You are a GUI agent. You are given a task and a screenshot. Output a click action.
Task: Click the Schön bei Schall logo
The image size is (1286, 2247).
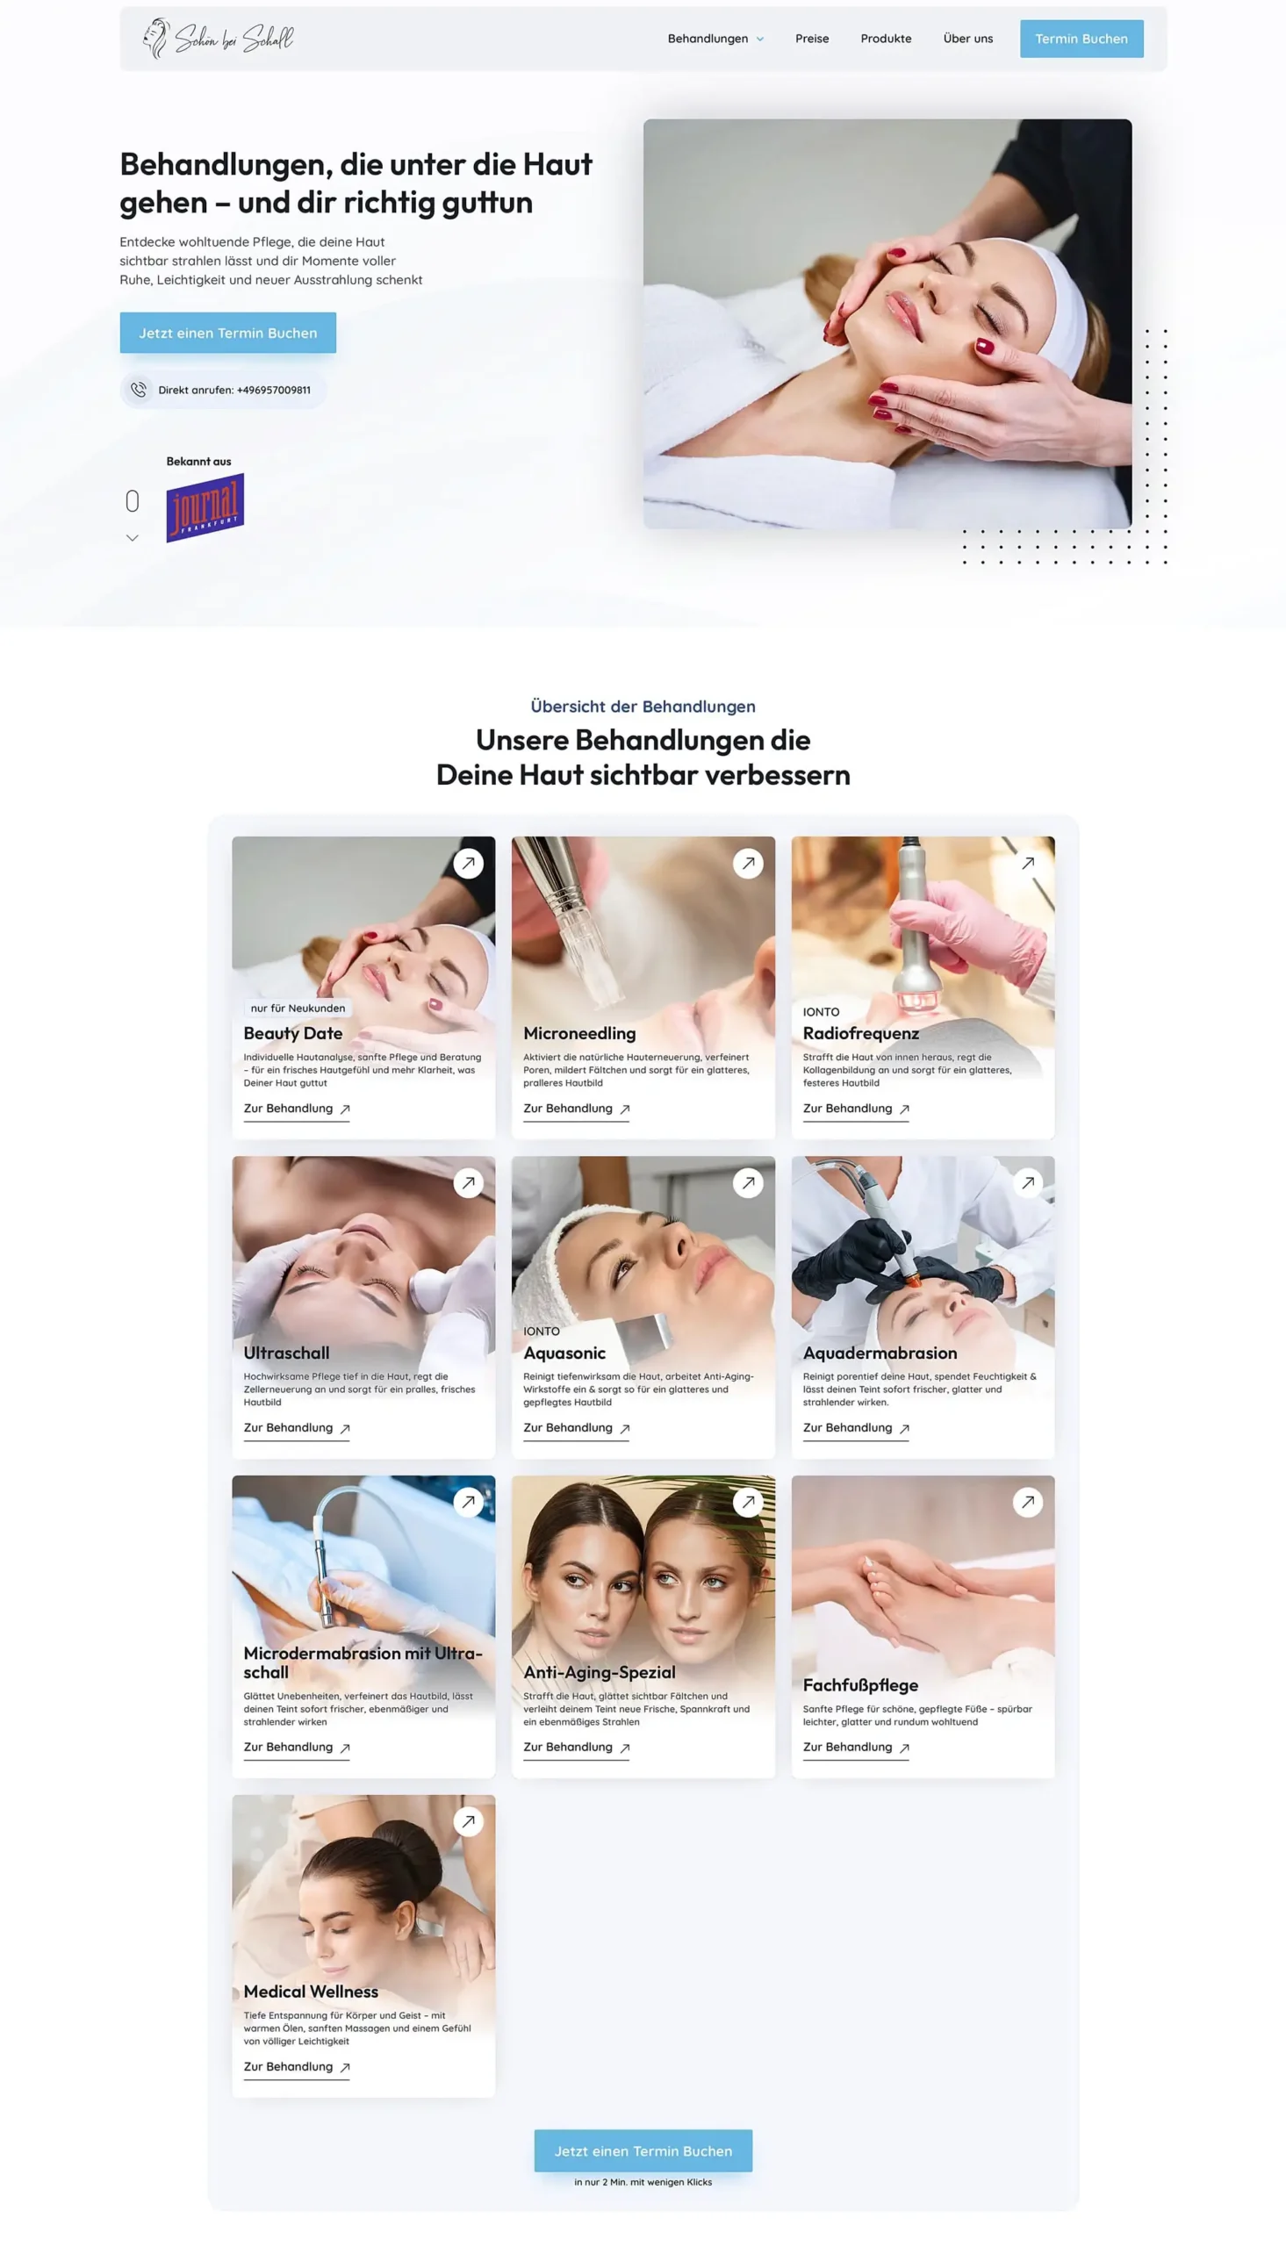[x=218, y=38]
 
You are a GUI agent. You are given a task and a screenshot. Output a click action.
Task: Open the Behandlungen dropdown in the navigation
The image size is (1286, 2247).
[x=715, y=39]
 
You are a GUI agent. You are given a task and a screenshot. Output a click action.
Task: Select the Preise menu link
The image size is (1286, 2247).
[x=812, y=39]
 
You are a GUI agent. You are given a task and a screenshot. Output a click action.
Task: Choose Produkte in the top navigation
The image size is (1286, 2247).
[x=886, y=39]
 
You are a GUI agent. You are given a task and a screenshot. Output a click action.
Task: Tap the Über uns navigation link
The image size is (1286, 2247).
[x=968, y=39]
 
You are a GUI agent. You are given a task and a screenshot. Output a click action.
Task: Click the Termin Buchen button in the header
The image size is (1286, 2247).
[x=1081, y=39]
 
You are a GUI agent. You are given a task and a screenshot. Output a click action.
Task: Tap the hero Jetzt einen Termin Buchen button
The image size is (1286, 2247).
[x=228, y=333]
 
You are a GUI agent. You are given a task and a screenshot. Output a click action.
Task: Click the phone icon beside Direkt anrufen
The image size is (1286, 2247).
[x=139, y=390]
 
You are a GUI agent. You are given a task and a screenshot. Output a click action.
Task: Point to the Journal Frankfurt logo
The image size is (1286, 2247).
[x=205, y=507]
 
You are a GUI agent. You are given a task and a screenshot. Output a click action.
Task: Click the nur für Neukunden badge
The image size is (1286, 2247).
[x=298, y=1009]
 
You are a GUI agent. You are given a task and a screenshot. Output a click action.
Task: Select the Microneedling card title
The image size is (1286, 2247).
[x=579, y=1033]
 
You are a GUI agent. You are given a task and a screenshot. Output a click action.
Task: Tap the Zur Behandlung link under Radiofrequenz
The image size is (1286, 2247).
[x=856, y=1109]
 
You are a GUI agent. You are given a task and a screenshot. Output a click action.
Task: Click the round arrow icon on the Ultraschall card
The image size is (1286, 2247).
[x=468, y=1183]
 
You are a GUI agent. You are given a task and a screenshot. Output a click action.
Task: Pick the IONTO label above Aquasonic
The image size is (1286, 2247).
[x=542, y=1332]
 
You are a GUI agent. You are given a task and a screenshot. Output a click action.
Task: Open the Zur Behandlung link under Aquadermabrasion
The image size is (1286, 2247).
[x=856, y=1429]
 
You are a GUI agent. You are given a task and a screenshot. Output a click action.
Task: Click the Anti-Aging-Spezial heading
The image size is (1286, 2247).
[x=600, y=1672]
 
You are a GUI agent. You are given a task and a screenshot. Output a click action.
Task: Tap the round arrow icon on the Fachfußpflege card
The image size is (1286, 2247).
[x=1027, y=1503]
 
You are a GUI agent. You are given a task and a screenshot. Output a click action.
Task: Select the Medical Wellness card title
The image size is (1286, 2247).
[x=311, y=1992]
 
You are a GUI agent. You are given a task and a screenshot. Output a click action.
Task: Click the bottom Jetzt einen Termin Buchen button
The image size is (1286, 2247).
[x=643, y=2151]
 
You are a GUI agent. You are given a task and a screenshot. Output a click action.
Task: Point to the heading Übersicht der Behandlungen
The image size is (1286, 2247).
[x=643, y=707]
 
